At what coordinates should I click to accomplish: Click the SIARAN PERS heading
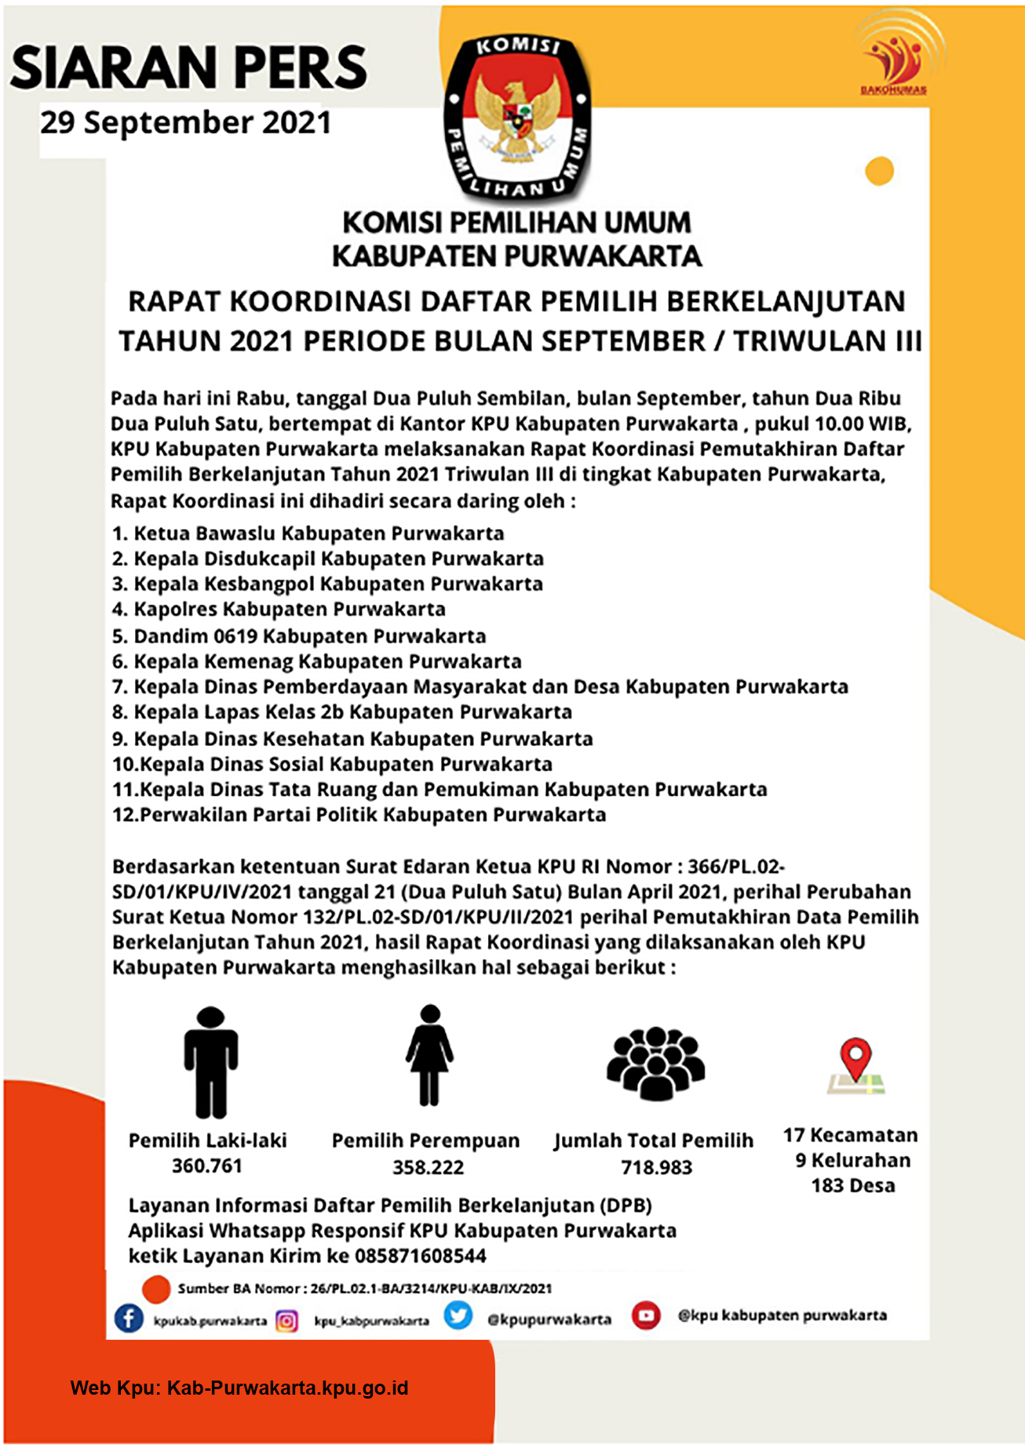(x=188, y=67)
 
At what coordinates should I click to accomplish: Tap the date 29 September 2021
(x=186, y=123)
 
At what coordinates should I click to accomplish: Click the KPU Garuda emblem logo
(x=517, y=116)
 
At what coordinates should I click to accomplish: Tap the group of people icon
(x=655, y=1063)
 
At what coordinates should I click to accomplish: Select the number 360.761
(x=207, y=1166)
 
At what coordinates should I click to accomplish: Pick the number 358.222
(x=429, y=1167)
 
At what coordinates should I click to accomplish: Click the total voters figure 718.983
(x=657, y=1167)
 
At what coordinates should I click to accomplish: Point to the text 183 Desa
(x=853, y=1185)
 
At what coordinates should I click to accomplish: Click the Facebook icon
(x=129, y=1318)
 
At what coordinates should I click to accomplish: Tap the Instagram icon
(x=286, y=1321)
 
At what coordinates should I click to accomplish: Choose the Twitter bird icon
(x=458, y=1315)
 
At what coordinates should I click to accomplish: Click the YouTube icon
(x=646, y=1315)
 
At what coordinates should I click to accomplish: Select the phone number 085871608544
(x=421, y=1256)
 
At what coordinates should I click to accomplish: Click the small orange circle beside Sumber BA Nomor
(x=156, y=1288)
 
